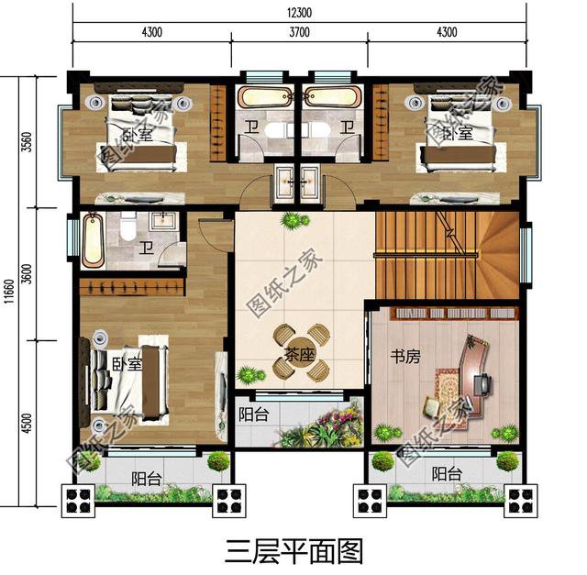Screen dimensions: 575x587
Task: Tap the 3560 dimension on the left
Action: (28, 144)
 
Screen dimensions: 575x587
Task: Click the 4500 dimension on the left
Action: (28, 423)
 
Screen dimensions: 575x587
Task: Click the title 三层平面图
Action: (293, 551)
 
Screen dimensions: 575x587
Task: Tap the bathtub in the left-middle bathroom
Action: (91, 240)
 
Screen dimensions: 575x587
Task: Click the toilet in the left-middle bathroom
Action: (128, 224)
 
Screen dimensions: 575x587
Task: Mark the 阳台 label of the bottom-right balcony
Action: (446, 474)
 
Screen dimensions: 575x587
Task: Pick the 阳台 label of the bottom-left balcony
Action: (145, 478)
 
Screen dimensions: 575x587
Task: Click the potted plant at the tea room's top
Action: (293, 220)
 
